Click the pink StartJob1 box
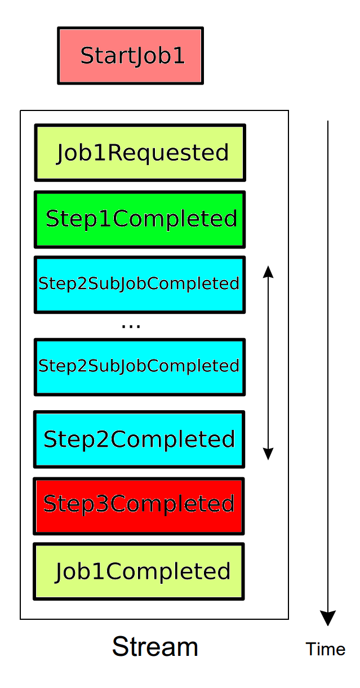pos(130,56)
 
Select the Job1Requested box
pos(140,153)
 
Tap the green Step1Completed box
pos(140,219)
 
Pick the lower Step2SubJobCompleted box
pos(140,366)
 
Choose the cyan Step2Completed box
pos(139,439)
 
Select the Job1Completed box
pos(139,571)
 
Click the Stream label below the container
pos(155,647)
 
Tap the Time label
pos(325,649)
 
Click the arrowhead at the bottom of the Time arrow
pos(327,618)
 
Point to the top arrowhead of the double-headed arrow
pos(268,272)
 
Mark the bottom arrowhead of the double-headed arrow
pos(268,454)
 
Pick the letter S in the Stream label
pos(120,647)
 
